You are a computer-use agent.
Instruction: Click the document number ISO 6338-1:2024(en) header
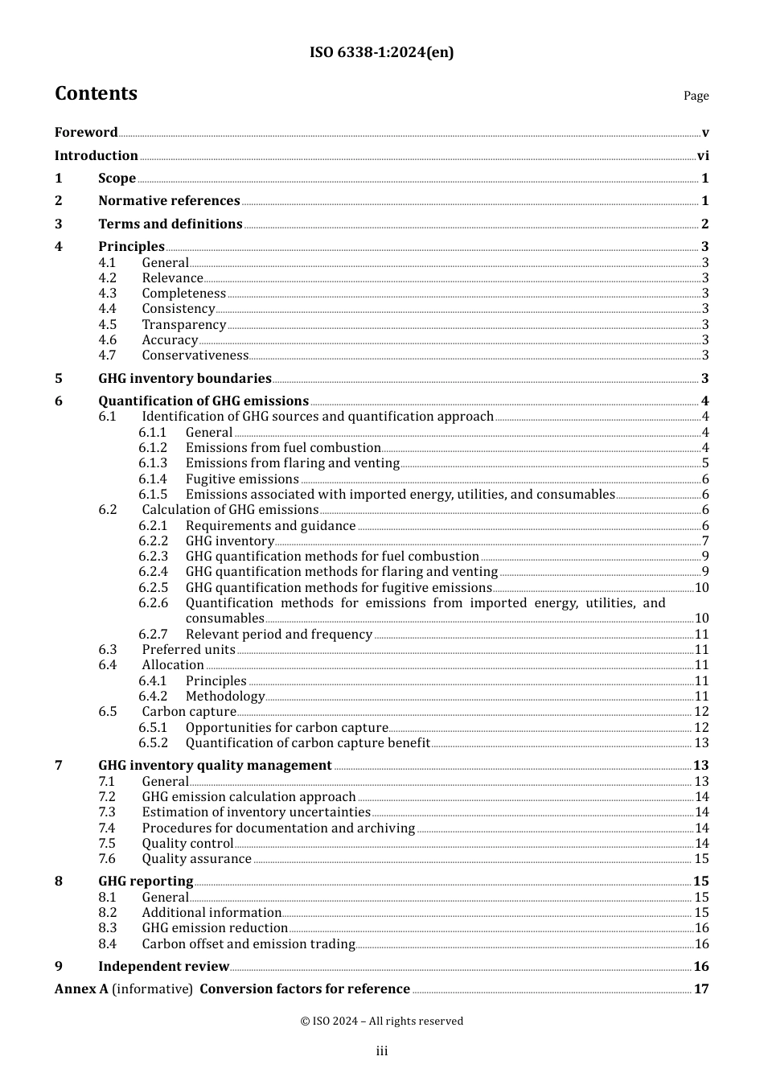381,52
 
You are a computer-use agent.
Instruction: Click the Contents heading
96,93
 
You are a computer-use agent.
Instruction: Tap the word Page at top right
696,96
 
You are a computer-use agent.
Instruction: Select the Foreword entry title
86,133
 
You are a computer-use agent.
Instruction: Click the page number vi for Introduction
703,156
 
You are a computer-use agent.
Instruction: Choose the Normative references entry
169,201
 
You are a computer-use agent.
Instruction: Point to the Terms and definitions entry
170,224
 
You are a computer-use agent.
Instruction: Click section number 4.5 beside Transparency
108,325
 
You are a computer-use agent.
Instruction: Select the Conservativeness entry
195,356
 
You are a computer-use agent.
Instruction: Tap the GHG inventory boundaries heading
185,379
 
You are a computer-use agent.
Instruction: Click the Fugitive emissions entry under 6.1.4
242,479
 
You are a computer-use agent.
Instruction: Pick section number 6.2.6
153,603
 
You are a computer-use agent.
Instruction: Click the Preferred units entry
189,650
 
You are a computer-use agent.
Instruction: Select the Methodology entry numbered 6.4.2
225,697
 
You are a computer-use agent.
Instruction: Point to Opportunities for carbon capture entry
287,728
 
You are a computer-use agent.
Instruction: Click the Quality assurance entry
197,859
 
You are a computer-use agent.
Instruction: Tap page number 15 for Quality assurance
701,859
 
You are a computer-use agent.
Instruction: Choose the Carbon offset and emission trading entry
249,944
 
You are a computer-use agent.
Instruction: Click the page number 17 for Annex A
701,989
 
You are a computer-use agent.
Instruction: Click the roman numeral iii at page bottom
382,1051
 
